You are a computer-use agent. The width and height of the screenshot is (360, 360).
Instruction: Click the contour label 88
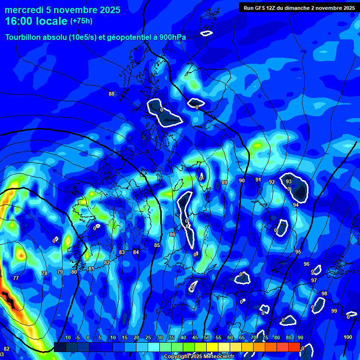click(x=112, y=94)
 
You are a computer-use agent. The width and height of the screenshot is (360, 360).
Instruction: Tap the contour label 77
click(x=16, y=278)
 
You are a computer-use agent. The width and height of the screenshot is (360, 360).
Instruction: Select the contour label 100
click(x=348, y=337)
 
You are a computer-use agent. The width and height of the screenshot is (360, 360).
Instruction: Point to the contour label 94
click(x=296, y=205)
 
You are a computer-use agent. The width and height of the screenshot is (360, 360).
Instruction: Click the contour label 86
click(x=172, y=234)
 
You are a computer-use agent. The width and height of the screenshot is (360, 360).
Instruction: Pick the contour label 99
click(x=334, y=311)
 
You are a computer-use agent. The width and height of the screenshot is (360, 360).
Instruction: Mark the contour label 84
click(x=136, y=252)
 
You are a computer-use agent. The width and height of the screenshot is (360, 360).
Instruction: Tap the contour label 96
click(x=307, y=264)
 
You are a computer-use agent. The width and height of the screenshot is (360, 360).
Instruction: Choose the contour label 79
click(x=60, y=272)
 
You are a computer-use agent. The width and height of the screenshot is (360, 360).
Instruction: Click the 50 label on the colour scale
click(x=206, y=338)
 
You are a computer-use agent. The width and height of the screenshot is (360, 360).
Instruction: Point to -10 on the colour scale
click(x=67, y=338)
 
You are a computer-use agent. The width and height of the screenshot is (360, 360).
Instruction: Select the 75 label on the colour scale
click(x=265, y=338)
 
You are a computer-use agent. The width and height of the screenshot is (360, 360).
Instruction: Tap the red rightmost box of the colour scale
click(x=294, y=347)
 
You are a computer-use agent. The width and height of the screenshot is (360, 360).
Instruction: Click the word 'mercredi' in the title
click(x=22, y=10)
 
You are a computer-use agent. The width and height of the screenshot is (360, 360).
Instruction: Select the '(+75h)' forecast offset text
click(x=81, y=21)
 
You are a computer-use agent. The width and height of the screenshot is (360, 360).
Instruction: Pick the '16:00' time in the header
click(x=17, y=21)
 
